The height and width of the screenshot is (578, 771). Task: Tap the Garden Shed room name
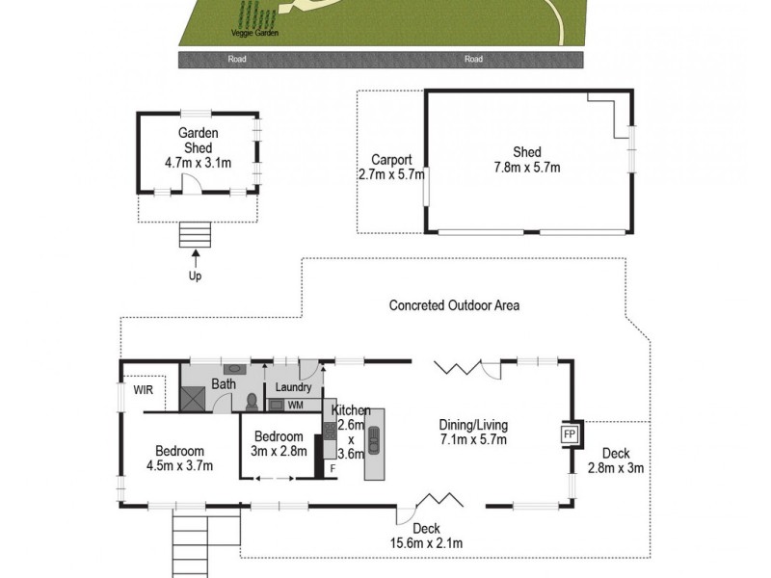(x=199, y=141)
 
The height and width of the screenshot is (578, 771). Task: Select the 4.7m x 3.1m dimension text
(x=199, y=163)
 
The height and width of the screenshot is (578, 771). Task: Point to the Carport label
(x=392, y=161)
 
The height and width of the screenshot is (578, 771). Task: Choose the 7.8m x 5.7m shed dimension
(x=527, y=167)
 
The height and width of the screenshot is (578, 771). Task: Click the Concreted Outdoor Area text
(x=454, y=305)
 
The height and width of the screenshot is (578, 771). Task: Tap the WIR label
(x=144, y=391)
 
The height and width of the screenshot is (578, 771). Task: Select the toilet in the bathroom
(x=251, y=401)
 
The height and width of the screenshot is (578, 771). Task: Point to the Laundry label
(x=293, y=388)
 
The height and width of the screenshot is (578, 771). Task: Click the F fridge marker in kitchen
(x=333, y=468)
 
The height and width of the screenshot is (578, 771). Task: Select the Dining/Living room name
(x=473, y=425)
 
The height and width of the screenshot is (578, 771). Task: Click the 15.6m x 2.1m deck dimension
(x=425, y=543)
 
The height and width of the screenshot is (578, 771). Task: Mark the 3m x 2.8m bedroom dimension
(x=279, y=451)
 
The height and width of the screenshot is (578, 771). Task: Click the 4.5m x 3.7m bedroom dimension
(x=179, y=465)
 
